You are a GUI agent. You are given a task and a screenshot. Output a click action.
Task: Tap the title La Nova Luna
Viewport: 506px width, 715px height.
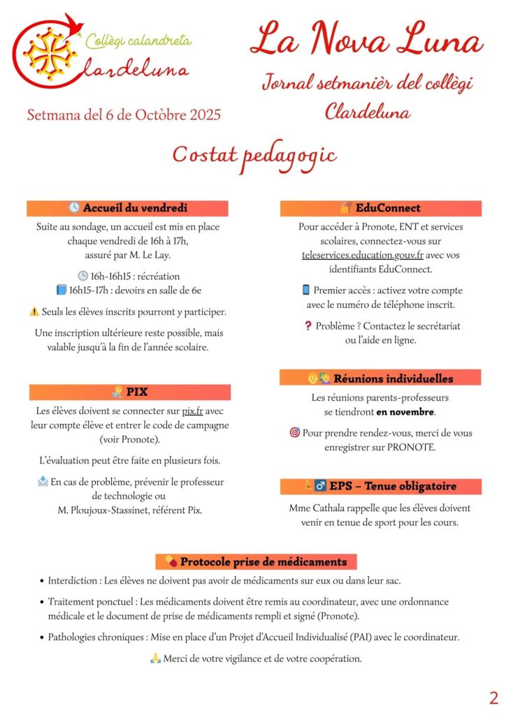[x=366, y=40]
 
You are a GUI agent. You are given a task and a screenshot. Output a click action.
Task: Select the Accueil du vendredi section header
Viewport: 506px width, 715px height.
[x=129, y=208]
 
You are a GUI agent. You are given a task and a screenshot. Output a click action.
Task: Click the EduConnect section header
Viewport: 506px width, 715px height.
[x=380, y=208]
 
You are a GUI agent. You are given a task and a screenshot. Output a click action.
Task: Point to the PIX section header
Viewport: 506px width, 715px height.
[x=130, y=392]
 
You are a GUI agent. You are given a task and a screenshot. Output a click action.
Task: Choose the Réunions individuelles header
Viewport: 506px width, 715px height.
[x=380, y=378]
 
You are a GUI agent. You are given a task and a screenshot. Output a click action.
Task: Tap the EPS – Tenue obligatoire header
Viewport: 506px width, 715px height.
[x=380, y=486]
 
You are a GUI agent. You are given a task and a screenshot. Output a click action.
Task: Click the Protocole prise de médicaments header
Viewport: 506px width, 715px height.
[x=256, y=561]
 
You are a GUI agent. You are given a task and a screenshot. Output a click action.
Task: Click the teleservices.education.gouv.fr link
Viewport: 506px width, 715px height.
[x=362, y=255]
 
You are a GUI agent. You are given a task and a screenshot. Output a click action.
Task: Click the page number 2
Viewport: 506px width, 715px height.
[x=493, y=698]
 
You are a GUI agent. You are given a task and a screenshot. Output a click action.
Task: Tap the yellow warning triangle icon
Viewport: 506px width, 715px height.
[x=34, y=311]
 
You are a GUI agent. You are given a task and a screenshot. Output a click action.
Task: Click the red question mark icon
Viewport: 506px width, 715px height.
[x=308, y=326]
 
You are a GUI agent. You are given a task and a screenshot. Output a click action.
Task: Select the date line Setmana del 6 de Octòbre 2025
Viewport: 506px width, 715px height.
[x=124, y=115]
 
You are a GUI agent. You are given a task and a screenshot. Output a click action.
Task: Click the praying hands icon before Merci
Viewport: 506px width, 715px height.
[x=155, y=658]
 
